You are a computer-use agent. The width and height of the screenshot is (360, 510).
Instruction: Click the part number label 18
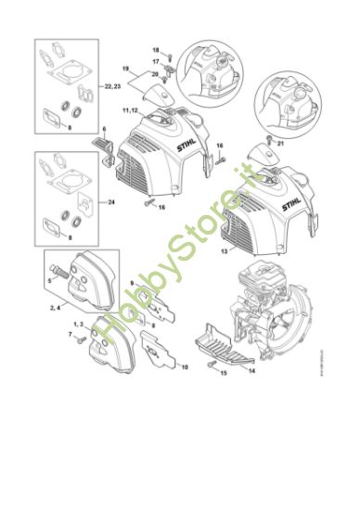(x=156, y=49)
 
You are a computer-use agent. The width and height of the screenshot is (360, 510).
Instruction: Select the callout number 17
(x=156, y=60)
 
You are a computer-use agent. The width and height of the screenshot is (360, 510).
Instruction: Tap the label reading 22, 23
(x=113, y=85)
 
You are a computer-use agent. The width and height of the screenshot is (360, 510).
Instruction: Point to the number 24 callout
(x=111, y=200)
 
